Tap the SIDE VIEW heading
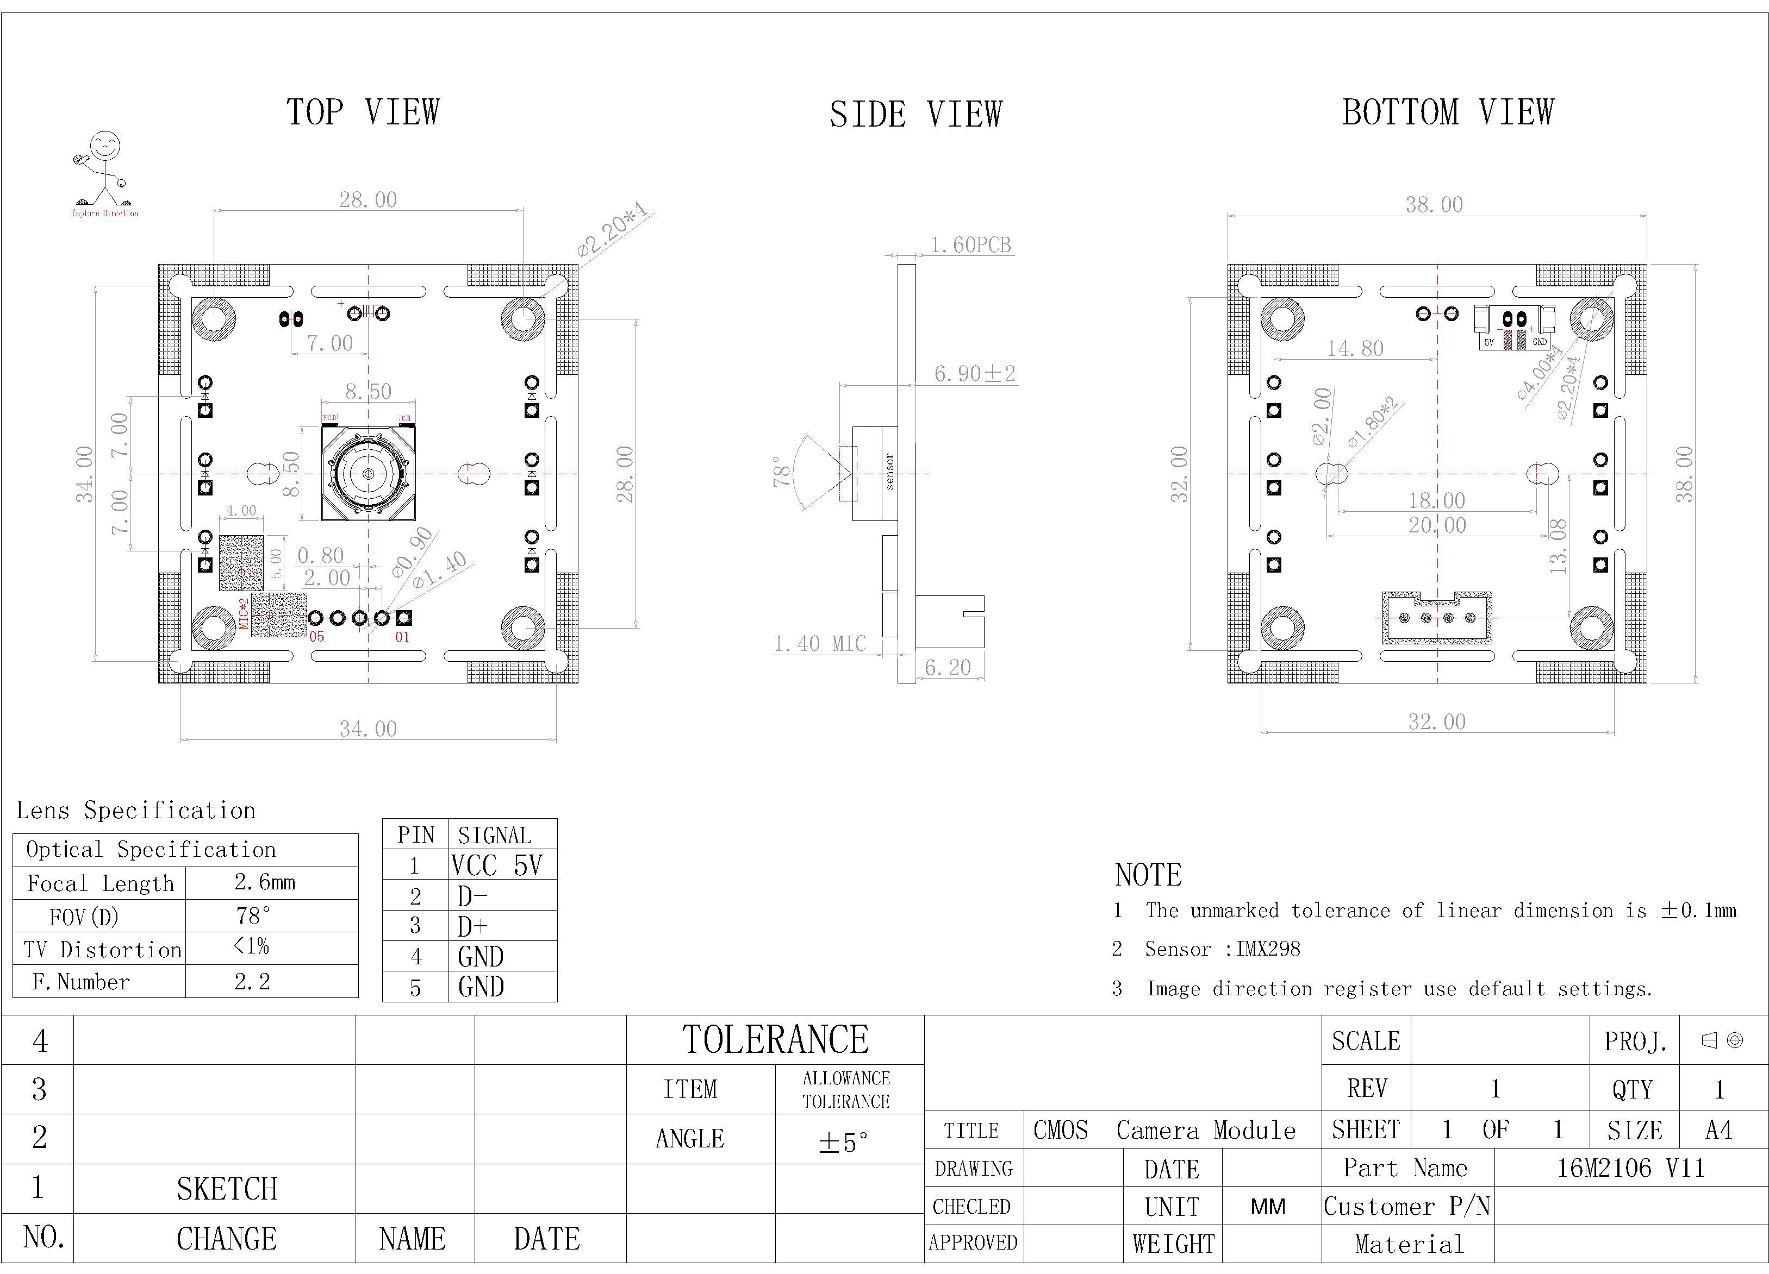point(915,115)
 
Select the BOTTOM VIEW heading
point(1448,112)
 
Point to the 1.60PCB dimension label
point(970,245)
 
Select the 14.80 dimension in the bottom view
point(1356,349)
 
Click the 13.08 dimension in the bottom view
point(1558,546)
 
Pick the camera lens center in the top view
point(368,473)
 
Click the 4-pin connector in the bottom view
point(1437,618)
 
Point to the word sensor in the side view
point(890,472)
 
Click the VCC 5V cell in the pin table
point(496,865)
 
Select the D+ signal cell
point(472,926)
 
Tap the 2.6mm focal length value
point(264,883)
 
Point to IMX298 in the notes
point(1268,949)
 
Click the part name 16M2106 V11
point(1630,1168)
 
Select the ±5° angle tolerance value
point(843,1142)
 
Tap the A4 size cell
point(1718,1130)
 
